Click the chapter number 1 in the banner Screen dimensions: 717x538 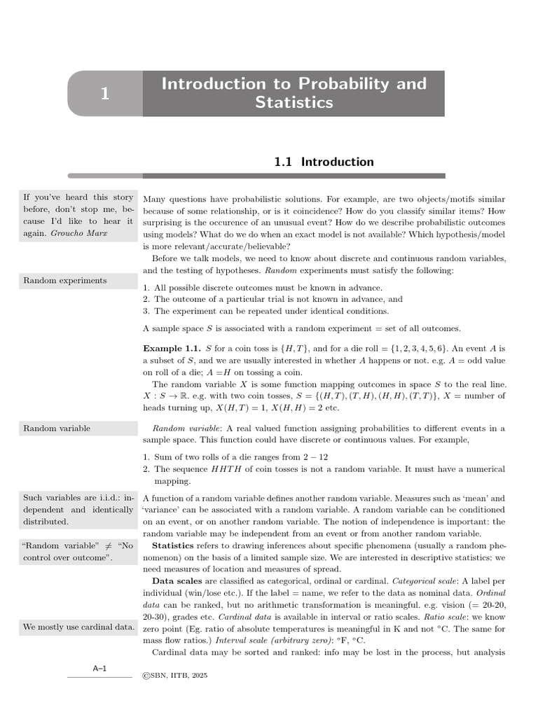[104, 94]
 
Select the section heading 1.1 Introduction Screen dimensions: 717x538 [323, 162]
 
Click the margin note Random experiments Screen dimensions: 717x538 [65, 281]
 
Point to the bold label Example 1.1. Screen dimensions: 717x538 [172, 348]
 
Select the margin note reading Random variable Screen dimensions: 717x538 [57, 428]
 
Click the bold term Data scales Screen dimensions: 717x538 [177, 581]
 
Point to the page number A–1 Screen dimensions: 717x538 [99, 669]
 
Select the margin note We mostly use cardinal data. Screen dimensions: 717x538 [78, 627]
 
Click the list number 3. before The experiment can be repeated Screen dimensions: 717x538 [146, 311]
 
